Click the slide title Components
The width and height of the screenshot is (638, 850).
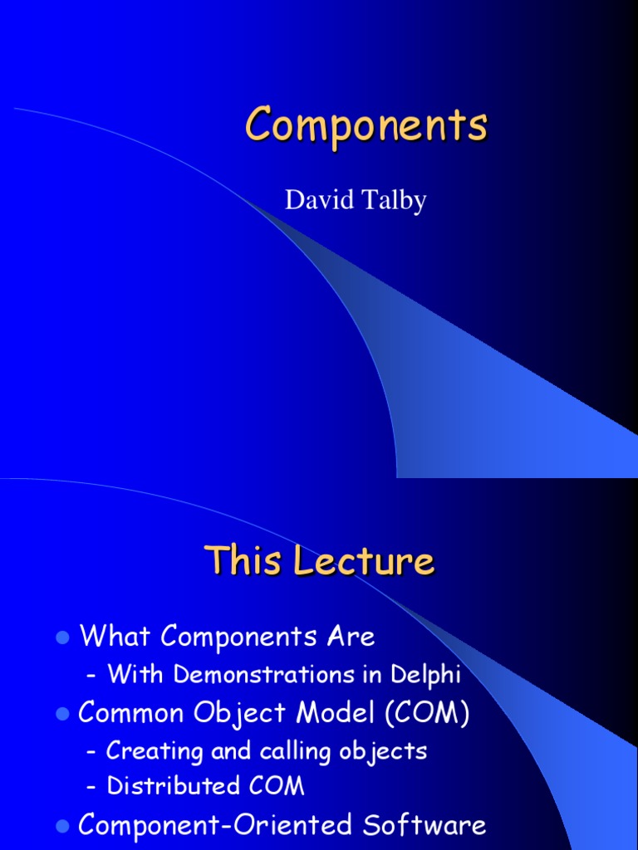pyautogui.click(x=366, y=127)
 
